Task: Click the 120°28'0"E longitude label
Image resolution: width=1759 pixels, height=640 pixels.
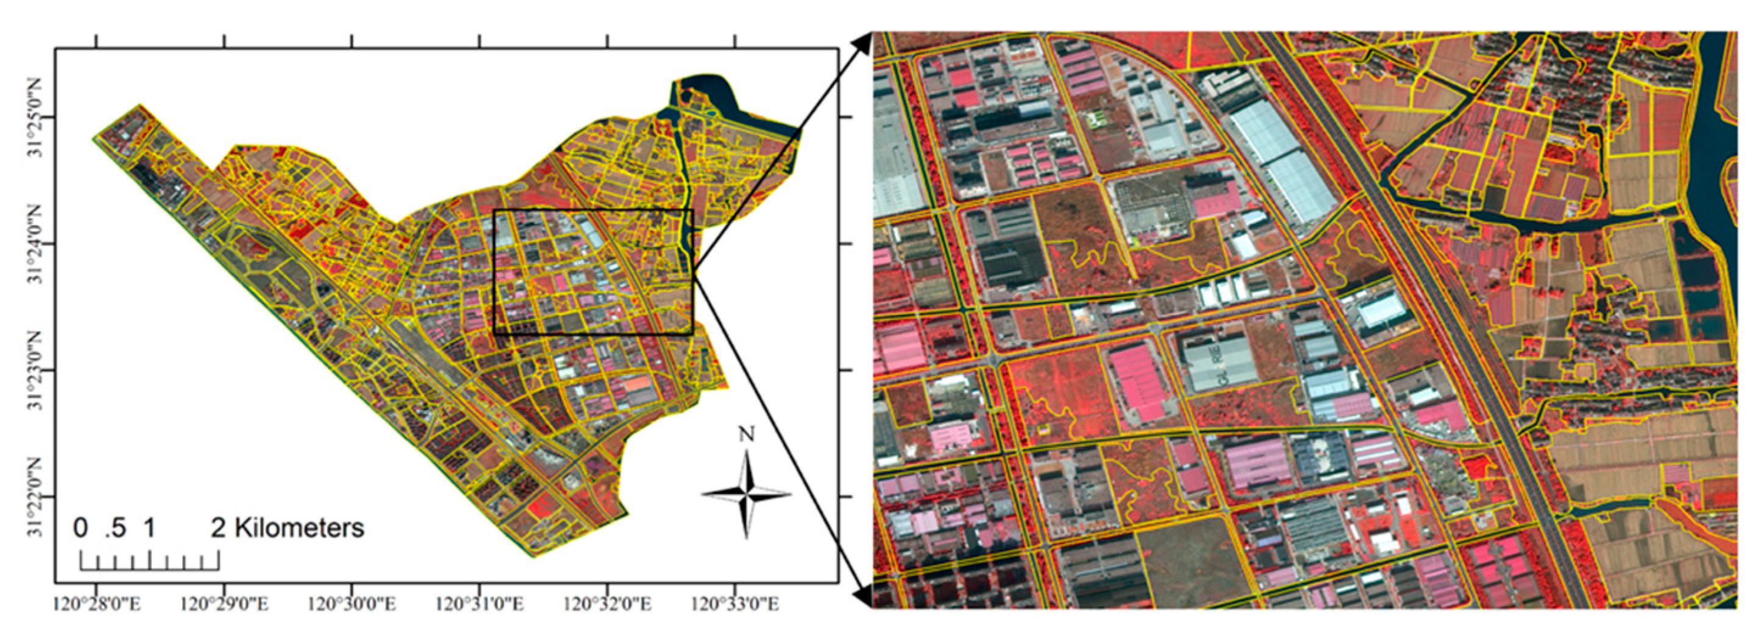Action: (x=96, y=604)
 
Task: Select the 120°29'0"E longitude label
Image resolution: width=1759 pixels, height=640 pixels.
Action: (x=224, y=604)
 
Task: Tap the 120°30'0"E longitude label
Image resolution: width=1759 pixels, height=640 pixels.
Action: (x=351, y=604)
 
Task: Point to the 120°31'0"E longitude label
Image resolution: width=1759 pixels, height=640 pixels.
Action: (x=479, y=604)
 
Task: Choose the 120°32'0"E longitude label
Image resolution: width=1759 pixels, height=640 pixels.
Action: (x=607, y=604)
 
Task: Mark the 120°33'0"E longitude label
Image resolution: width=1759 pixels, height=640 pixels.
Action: (x=735, y=604)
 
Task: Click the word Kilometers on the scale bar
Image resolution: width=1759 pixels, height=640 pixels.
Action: (x=298, y=528)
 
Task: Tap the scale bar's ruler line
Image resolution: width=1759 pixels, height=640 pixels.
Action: (x=150, y=566)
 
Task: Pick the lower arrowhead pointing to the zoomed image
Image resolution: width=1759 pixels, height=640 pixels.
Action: (x=862, y=596)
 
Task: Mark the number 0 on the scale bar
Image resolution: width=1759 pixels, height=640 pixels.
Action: (x=80, y=528)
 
